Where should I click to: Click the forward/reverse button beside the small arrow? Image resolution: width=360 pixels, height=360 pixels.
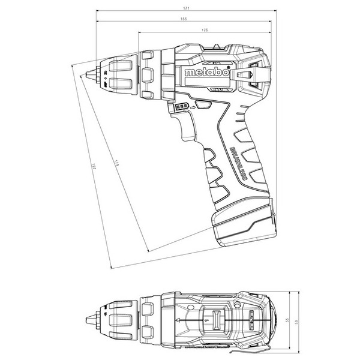(202, 106)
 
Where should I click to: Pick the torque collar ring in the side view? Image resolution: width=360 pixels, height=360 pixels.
(166, 74)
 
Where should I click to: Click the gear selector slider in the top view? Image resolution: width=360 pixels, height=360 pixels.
(215, 317)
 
